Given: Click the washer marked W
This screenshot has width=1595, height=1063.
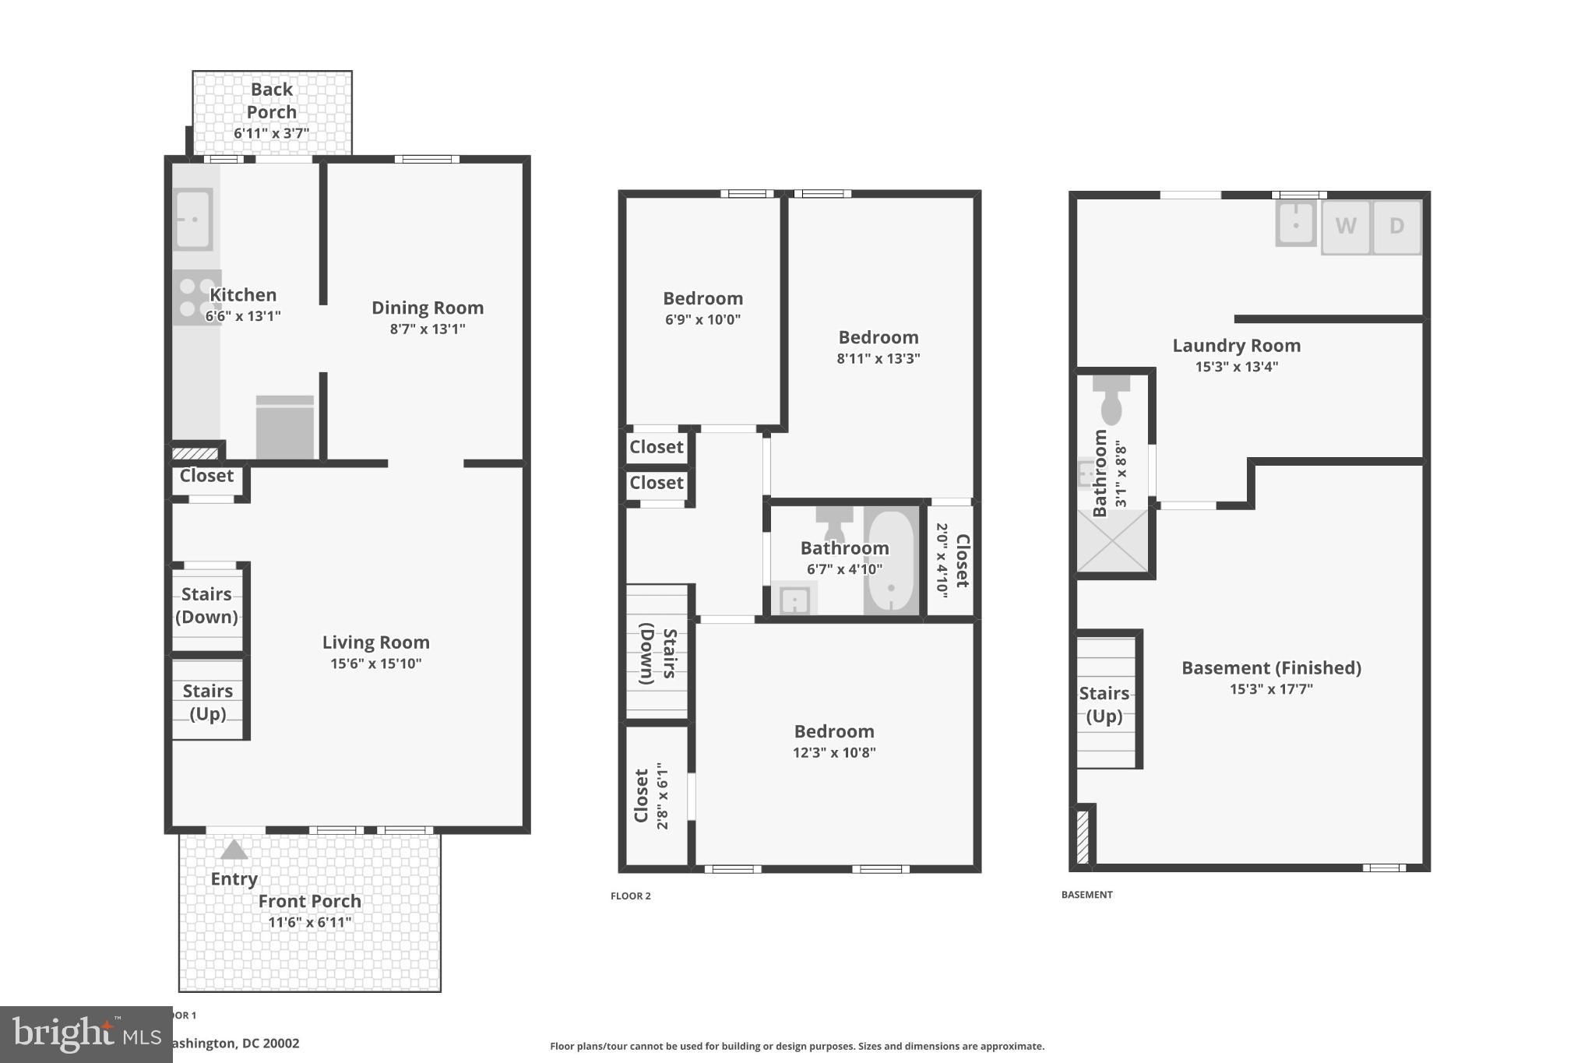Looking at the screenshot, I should coord(1345,227).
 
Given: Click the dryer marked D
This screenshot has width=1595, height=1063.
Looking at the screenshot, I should coord(1396,227).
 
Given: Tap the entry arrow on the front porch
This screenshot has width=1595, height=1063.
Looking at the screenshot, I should coord(234,850).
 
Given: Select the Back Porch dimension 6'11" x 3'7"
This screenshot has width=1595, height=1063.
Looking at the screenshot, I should coord(271,133).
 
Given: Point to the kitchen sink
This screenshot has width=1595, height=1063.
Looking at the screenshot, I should coord(192,219).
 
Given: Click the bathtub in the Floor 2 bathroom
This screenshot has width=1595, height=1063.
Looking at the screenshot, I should coord(891,561).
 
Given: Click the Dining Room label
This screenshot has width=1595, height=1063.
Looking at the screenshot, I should coord(427,308).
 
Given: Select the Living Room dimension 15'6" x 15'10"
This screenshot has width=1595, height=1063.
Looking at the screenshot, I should coord(375,663).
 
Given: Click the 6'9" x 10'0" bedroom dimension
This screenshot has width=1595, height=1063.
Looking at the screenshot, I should coord(702,319).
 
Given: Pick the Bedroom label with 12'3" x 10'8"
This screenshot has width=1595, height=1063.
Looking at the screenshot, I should coord(834,731).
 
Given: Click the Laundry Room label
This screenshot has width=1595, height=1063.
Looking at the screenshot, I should coord(1236,345).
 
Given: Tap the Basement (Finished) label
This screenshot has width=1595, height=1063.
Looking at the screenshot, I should coord(1271,667).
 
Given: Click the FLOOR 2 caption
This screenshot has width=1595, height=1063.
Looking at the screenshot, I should coord(630,896).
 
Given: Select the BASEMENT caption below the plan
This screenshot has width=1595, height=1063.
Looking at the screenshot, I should coord(1086,895).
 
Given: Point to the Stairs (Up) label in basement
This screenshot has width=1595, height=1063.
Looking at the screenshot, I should coord(1104,704).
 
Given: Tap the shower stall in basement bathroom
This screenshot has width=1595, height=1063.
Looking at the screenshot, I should coord(1112,541).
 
